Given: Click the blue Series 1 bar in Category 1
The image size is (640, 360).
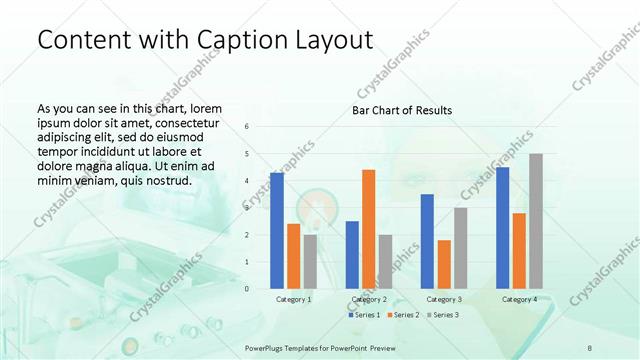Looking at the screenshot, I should point(277,230).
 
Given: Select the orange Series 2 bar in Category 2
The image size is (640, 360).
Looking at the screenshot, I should point(369,229).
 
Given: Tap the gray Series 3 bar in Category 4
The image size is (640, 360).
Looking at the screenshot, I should point(536,221).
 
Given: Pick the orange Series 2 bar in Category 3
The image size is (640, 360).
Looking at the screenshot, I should point(444,264).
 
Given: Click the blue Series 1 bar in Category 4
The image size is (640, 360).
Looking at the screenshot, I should point(503,227).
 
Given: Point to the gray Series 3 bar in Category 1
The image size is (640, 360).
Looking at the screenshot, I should point(310,261).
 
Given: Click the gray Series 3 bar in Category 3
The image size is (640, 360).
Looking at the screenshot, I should point(461,247).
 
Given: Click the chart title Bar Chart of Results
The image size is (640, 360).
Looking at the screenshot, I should point(402,110).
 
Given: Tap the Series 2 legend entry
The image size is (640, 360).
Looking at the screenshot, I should point(403,315).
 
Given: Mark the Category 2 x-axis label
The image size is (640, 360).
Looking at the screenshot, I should point(369,299).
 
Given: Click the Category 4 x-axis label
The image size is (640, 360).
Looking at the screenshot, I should point(519,299).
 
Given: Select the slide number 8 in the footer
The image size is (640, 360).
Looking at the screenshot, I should point(590,346).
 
